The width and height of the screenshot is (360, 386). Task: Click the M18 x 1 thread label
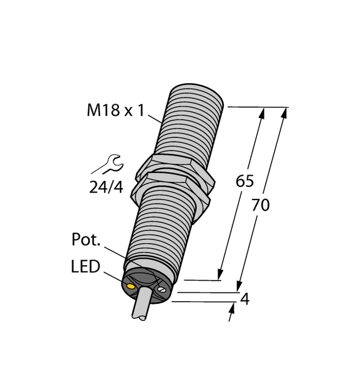click(x=115, y=110)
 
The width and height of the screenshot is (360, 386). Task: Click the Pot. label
click(x=87, y=240)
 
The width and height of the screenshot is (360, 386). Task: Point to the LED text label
click(x=85, y=266)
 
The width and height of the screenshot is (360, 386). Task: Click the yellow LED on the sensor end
click(x=132, y=287)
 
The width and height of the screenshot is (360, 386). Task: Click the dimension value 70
click(x=260, y=205)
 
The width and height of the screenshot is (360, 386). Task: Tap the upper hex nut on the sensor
click(x=173, y=167)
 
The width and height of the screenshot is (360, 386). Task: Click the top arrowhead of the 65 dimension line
click(x=262, y=113)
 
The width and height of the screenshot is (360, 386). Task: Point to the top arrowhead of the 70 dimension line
click(x=284, y=113)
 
